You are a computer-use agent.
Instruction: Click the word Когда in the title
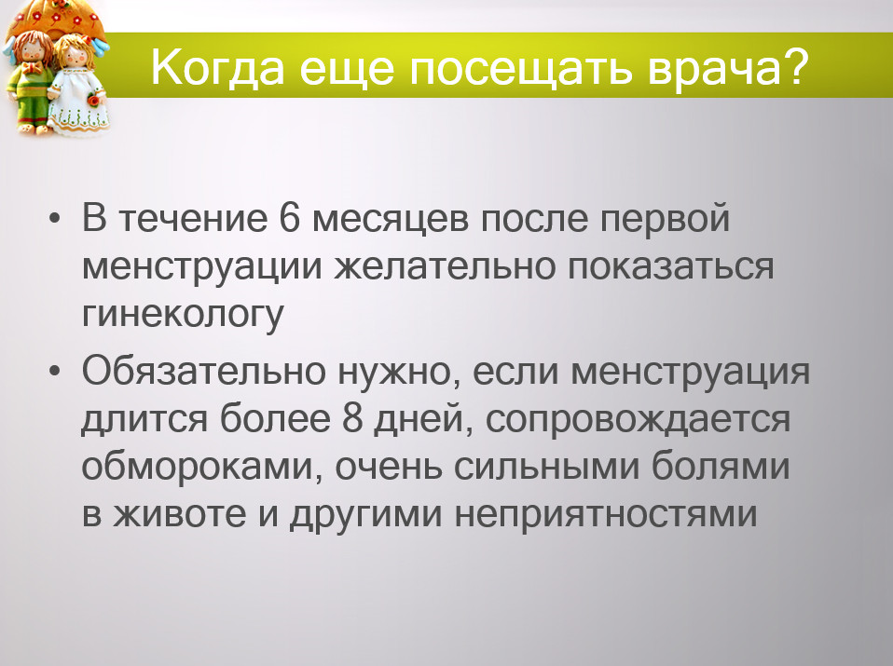coord(217,67)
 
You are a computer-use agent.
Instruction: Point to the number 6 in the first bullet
coord(289,217)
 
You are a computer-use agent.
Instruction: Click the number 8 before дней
coord(352,417)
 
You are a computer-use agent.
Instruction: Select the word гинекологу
coord(183,315)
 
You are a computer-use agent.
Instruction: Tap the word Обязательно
coord(204,371)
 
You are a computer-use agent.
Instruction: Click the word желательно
coord(445,266)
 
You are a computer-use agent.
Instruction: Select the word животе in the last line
coord(179,513)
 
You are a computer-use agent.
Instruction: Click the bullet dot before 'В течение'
coord(55,219)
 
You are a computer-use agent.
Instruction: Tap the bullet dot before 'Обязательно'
coord(55,372)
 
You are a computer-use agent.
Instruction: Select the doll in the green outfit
coord(30,83)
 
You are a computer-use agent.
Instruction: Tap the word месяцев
coord(391,220)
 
